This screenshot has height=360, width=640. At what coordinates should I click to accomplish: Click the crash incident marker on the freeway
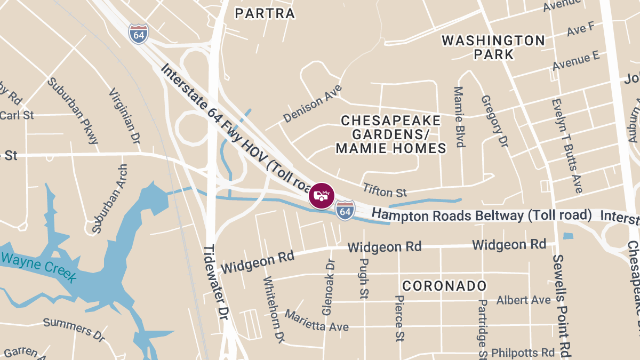[x=322, y=196]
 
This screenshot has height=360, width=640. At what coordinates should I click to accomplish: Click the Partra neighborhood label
[x=265, y=13]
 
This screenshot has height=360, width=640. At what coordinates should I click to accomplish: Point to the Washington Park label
[x=493, y=47]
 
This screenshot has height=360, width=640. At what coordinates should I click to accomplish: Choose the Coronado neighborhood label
[x=444, y=286]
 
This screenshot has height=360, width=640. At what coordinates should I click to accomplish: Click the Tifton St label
[x=385, y=189]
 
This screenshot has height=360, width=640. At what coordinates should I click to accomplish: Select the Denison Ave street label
[x=313, y=103]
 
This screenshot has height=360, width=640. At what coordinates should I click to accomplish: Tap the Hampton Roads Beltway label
[x=482, y=215]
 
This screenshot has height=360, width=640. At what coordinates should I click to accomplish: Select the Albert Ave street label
[x=523, y=300]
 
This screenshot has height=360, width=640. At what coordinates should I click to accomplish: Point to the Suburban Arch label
[x=109, y=198]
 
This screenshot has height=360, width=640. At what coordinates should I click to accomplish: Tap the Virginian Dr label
[x=124, y=116]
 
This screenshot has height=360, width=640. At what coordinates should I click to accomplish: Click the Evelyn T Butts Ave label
[x=566, y=145]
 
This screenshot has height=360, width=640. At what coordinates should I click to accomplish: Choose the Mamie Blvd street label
[x=459, y=117]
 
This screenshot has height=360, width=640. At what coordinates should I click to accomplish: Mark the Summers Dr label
[x=74, y=329]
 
